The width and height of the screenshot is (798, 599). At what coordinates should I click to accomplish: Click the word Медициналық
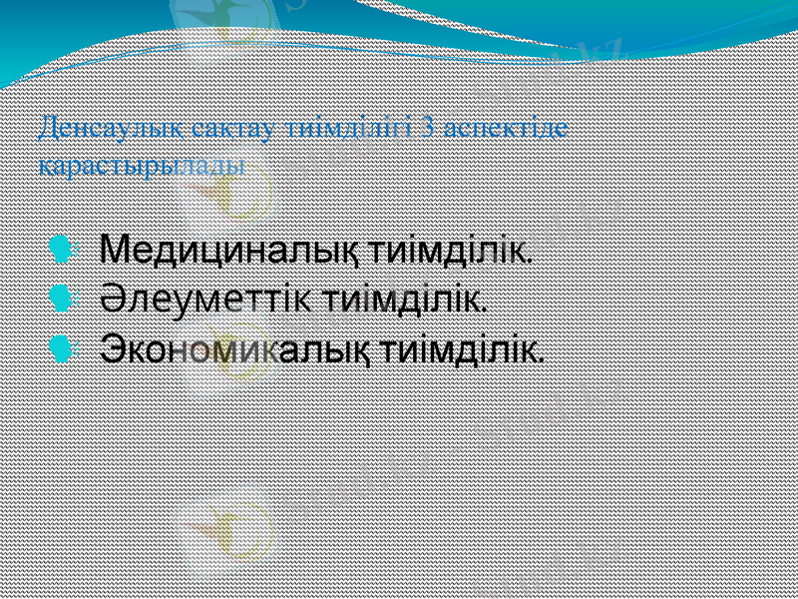231,247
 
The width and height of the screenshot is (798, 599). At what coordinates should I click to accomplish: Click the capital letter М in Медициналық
115,247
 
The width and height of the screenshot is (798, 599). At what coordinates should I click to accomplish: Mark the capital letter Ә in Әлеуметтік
113,298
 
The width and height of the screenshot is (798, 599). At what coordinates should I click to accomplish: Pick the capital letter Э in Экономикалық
112,348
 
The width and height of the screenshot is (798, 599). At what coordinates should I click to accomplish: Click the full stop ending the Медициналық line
530,257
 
